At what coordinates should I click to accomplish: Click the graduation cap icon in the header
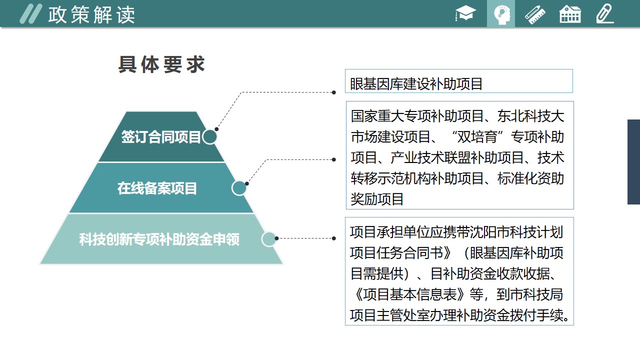465,13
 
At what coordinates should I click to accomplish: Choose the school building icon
570,14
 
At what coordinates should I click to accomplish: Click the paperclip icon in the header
605,13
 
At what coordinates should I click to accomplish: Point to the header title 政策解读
91,15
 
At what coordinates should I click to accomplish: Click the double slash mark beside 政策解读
31,13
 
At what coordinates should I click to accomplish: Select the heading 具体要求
161,64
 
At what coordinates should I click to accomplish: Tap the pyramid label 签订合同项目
161,137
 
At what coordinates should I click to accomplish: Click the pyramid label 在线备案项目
157,188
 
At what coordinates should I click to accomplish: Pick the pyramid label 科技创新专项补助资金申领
159,239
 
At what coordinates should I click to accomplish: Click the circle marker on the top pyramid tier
209,137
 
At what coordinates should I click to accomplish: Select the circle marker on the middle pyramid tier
239,188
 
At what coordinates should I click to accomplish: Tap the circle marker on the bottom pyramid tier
269,239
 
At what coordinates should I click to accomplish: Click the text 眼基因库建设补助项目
416,84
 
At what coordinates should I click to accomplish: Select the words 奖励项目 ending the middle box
377,199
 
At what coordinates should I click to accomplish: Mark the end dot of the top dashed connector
333,92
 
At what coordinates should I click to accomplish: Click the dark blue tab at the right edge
633,162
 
